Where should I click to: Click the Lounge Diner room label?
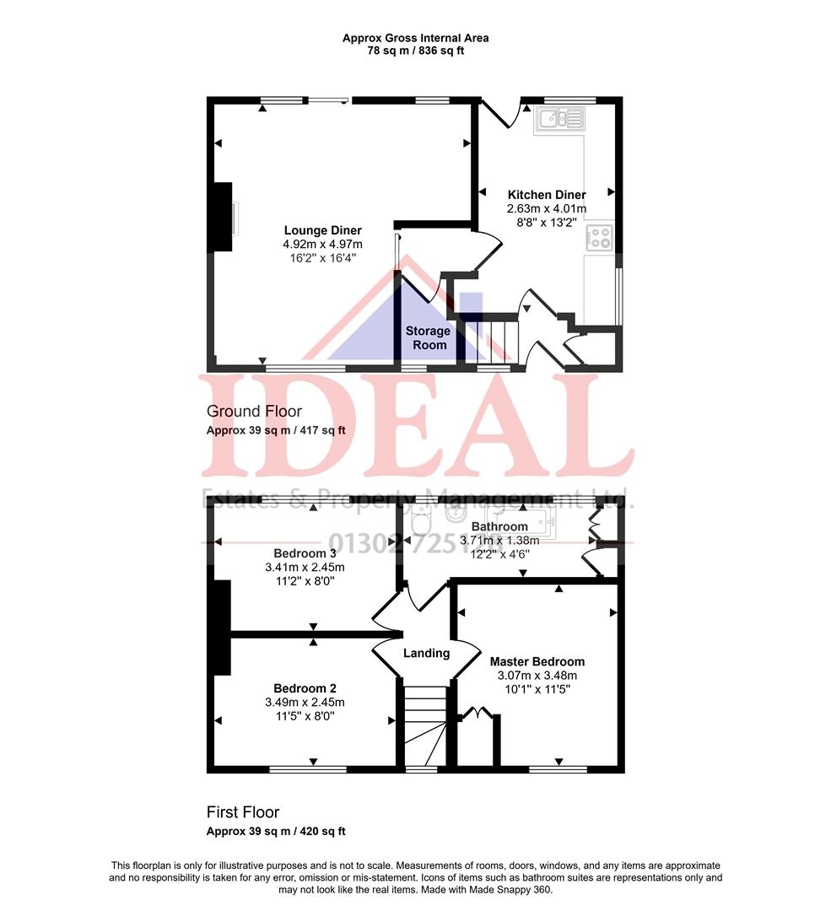322,230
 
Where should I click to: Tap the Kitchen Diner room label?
546,195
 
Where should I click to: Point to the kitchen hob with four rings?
600,239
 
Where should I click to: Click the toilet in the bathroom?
419,525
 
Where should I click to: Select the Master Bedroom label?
537,661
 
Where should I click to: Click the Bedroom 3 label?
305,553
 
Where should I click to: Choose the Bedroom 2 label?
305,687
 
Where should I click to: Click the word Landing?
426,653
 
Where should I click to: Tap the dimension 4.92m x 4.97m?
322,245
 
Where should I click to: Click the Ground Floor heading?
254,412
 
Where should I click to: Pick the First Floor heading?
243,812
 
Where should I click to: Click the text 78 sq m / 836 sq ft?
415,51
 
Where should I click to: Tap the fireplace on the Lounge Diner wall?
223,217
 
